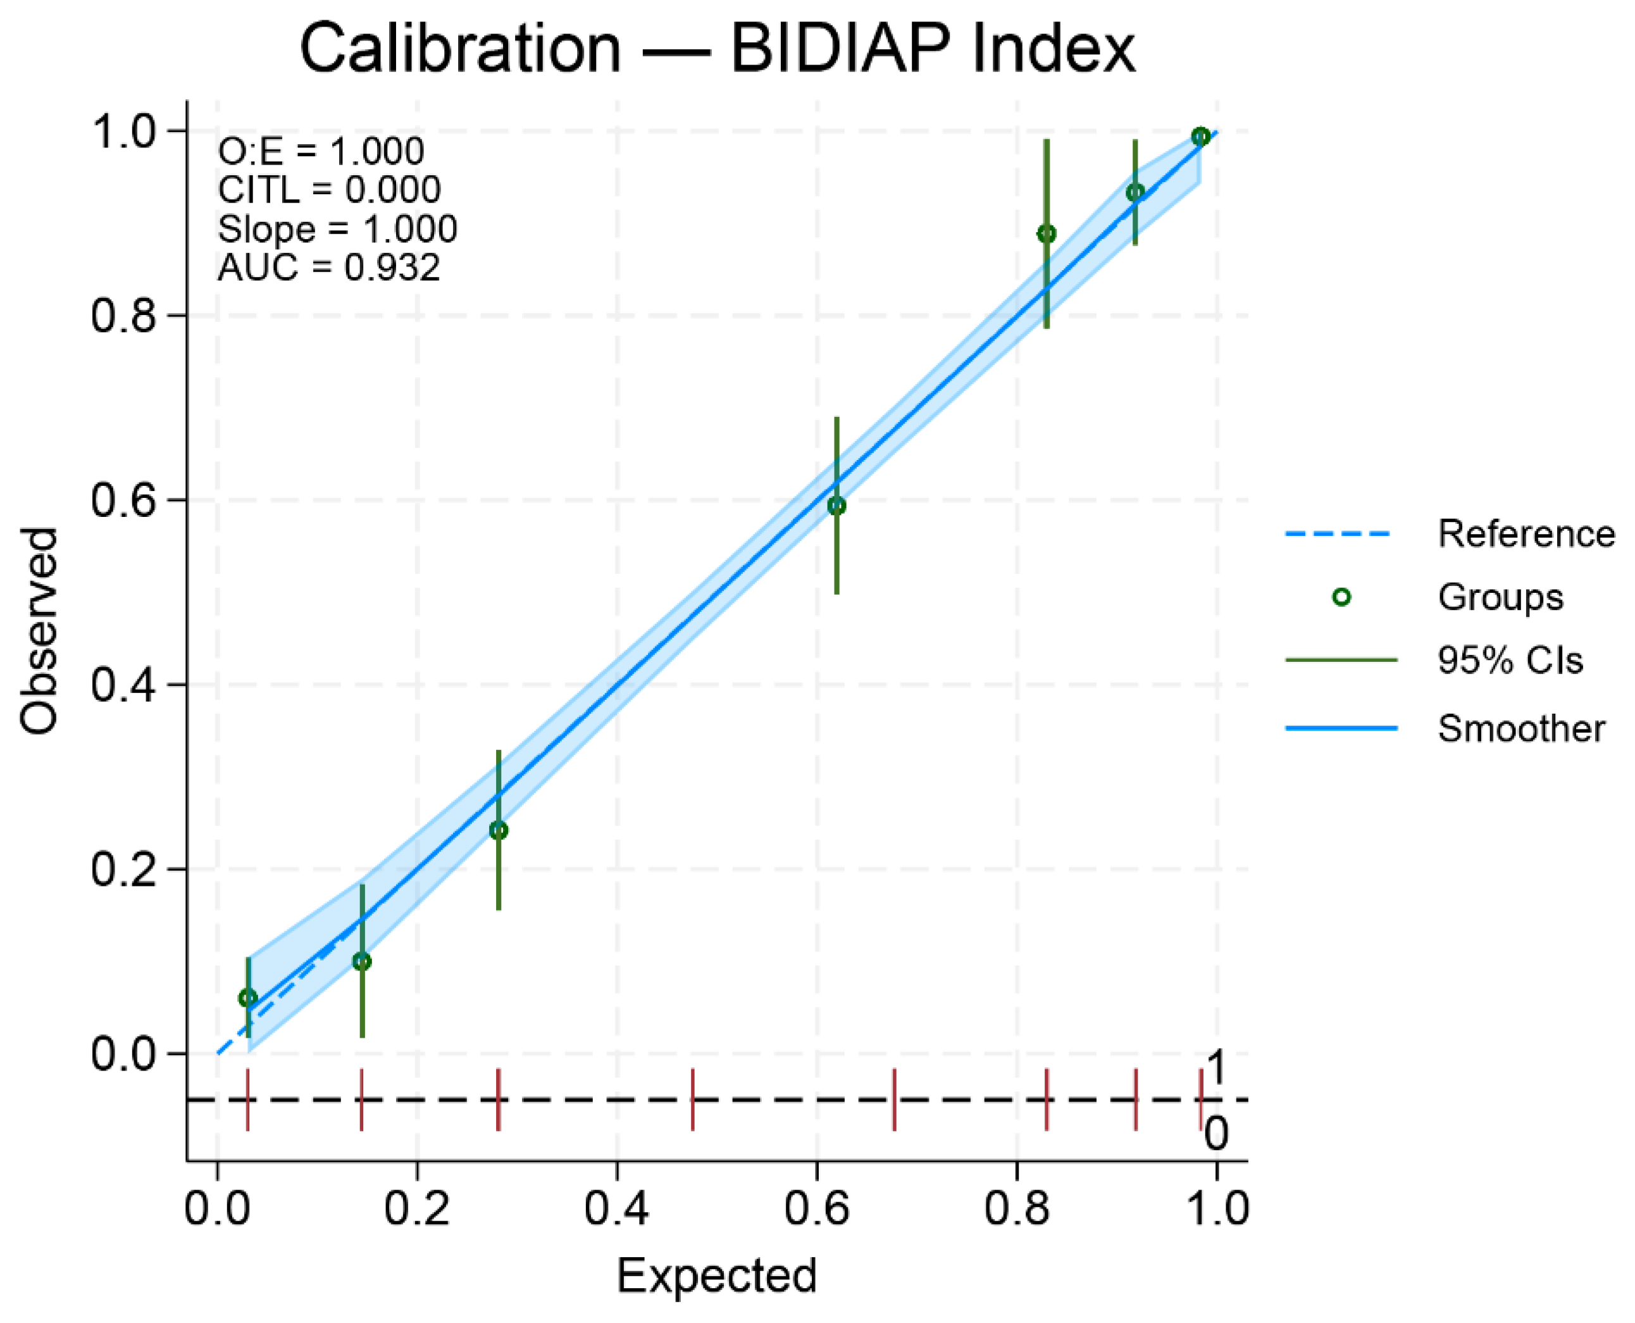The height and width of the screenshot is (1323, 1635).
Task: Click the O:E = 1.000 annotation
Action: [x=321, y=152]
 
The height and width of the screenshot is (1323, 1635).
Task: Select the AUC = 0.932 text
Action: [x=328, y=268]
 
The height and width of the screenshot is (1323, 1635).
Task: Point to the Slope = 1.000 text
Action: [x=337, y=228]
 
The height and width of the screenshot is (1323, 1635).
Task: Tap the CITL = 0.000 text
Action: [x=328, y=190]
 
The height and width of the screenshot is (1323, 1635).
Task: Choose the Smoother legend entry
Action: [x=1520, y=728]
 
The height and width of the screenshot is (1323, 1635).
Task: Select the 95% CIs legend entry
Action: [x=1509, y=660]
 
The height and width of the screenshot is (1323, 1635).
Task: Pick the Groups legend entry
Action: [x=1500, y=597]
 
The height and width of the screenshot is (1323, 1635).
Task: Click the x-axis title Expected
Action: [x=716, y=1276]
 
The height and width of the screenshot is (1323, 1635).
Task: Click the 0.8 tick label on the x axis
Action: [x=1016, y=1208]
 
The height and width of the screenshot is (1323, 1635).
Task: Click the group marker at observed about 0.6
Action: [x=836, y=506]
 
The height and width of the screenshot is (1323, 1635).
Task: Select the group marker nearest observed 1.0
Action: [x=1200, y=137]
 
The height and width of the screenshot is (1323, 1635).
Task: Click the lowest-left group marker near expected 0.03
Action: [x=248, y=998]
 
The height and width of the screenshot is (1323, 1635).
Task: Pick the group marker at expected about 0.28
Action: [x=499, y=831]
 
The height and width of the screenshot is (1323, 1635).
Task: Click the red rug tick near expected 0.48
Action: [x=692, y=1100]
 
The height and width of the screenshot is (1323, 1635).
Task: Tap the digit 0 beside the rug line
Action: [x=1215, y=1134]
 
